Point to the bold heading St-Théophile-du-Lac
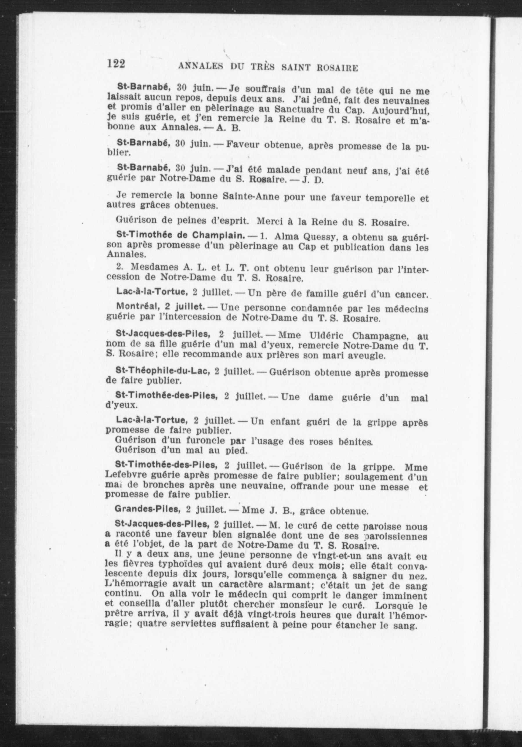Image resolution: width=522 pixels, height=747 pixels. click(162, 371)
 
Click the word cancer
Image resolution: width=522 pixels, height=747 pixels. click(411, 295)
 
